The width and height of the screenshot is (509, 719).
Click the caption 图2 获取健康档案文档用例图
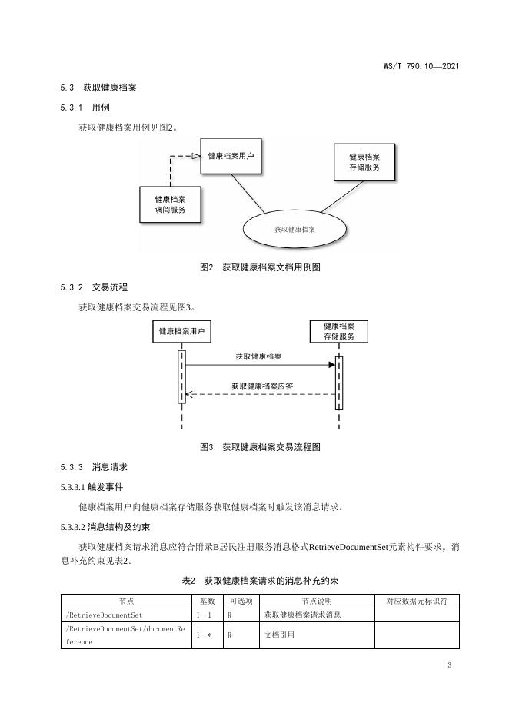pos(259,267)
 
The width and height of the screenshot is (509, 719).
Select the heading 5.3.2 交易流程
pos(93,287)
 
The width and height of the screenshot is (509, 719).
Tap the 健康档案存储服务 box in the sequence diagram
pos(338,331)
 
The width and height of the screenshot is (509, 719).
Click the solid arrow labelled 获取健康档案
pos(260,365)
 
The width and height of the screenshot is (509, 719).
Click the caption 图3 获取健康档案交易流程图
pos(259,446)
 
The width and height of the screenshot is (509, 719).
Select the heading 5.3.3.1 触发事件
pos(91,487)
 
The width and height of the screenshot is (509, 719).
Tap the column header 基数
pos(208,600)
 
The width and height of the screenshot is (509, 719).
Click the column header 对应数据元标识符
pos(417,600)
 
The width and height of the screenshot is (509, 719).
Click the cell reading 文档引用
pos(279,635)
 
